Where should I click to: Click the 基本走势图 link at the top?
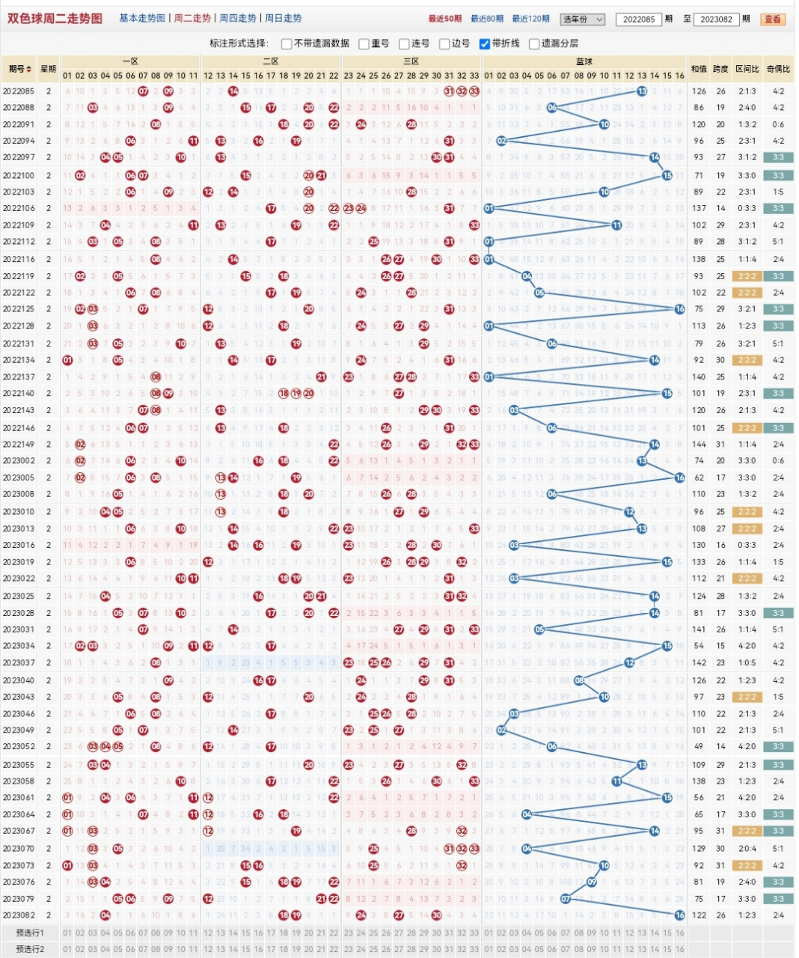click(x=142, y=18)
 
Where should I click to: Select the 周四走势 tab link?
click(x=238, y=18)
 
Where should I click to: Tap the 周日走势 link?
click(x=284, y=18)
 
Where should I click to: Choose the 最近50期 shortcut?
click(x=445, y=19)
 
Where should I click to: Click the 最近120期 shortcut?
click(x=531, y=19)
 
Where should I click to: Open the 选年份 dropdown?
click(x=584, y=19)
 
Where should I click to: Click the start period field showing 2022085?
click(x=639, y=19)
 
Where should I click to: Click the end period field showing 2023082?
click(x=717, y=19)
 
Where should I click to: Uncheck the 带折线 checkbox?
click(x=485, y=43)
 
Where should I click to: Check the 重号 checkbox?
click(x=364, y=43)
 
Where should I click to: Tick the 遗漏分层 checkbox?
click(x=534, y=43)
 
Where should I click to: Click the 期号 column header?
click(x=20, y=69)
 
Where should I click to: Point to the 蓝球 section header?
click(x=584, y=61)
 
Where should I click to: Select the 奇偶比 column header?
click(x=778, y=69)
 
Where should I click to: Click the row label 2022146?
click(x=19, y=428)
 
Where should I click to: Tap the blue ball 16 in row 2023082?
click(x=679, y=915)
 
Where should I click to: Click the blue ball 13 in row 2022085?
click(x=642, y=91)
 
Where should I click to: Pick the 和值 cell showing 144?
click(x=699, y=445)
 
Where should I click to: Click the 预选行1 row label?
click(x=31, y=933)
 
